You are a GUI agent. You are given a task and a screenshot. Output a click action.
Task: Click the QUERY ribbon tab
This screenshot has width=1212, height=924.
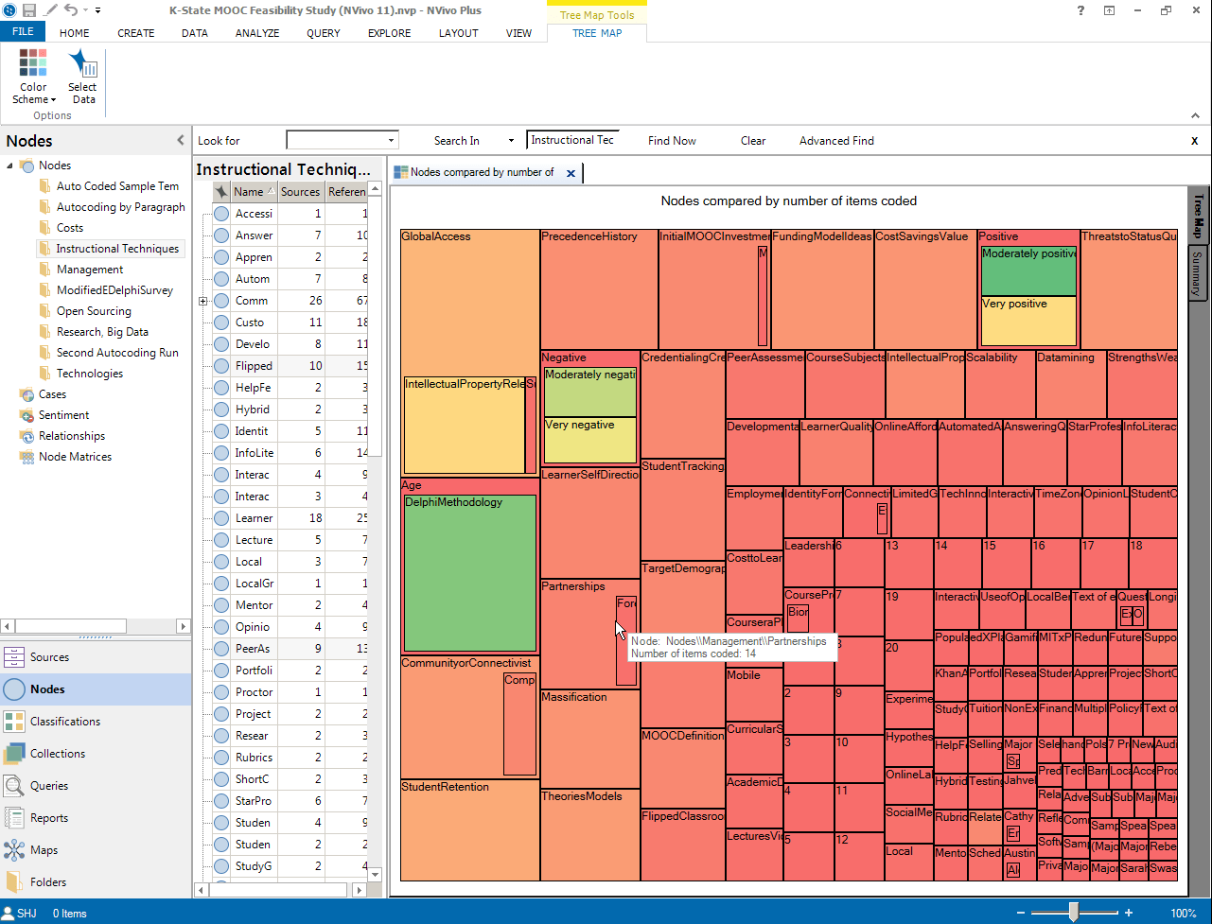click(x=323, y=33)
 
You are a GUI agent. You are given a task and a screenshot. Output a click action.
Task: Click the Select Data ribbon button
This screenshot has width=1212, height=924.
click(x=82, y=77)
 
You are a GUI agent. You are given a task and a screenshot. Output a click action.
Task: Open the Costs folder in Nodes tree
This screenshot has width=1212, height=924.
click(x=70, y=228)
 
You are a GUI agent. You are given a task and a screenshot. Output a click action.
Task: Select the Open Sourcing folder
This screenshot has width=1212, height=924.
click(x=94, y=311)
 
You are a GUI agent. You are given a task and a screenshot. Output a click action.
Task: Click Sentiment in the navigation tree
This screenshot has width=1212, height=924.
click(x=63, y=415)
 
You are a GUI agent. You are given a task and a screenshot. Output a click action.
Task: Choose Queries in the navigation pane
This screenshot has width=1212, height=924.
click(x=49, y=786)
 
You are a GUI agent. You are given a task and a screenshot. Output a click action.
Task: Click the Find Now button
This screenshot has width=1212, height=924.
click(x=672, y=141)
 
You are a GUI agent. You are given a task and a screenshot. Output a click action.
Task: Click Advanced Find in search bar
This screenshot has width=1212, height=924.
click(x=836, y=141)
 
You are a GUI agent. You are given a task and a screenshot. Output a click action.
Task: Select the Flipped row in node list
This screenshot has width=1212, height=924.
click(x=254, y=366)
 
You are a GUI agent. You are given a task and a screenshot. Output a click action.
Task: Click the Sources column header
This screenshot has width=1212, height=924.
click(x=300, y=192)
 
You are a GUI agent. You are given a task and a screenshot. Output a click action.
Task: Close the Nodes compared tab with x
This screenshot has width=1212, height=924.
click(x=571, y=173)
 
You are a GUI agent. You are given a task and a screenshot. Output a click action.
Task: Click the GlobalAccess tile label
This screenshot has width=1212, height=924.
click(x=436, y=236)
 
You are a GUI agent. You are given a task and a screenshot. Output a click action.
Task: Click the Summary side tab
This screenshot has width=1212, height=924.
click(x=1197, y=274)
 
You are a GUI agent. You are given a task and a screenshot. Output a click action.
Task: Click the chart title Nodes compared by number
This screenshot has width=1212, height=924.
click(x=788, y=200)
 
